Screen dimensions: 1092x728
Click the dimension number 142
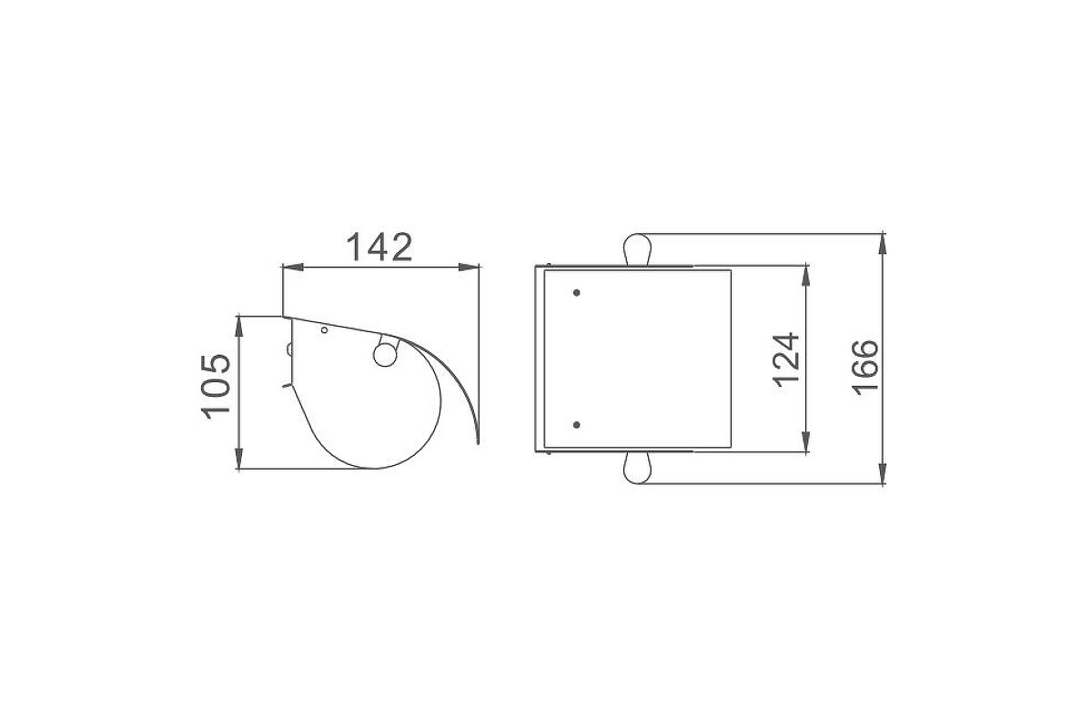379,248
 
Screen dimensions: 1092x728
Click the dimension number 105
216,387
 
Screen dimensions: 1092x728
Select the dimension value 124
786,359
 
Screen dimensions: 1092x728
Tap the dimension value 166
865,368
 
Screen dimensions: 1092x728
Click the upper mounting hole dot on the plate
577,293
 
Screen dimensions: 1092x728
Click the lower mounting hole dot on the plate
577,425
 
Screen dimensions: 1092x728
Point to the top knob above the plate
638,249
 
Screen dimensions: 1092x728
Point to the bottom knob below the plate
638,468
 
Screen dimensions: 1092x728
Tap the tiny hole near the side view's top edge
324,330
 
